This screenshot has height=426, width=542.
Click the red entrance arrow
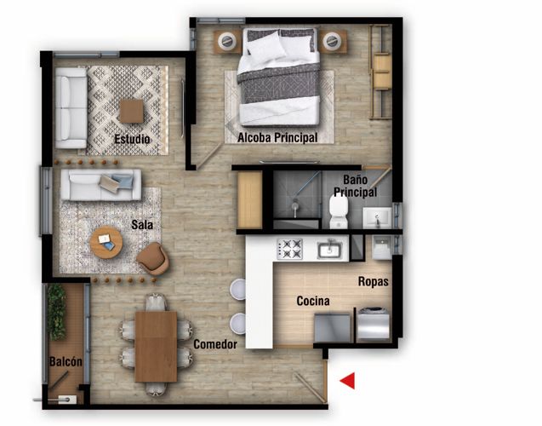click(x=348, y=381)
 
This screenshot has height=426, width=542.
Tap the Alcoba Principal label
click(x=277, y=138)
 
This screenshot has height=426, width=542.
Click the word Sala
click(x=142, y=225)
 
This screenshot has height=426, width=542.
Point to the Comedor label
click(x=214, y=344)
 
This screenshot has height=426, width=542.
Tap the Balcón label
click(x=66, y=362)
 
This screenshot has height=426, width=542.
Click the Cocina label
click(x=313, y=302)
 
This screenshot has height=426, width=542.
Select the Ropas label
click(x=374, y=281)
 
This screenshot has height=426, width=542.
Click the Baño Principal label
click(x=355, y=187)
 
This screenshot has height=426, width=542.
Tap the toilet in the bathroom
click(x=339, y=212)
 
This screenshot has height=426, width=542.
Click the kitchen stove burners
click(x=291, y=248)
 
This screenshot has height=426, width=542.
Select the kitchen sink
click(x=328, y=250)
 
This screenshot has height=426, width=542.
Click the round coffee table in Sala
click(x=106, y=243)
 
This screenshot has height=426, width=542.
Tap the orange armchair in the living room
click(x=153, y=257)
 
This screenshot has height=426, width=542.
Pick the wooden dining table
click(x=156, y=345)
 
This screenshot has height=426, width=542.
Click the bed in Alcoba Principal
click(x=279, y=77)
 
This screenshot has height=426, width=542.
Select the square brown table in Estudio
click(x=131, y=111)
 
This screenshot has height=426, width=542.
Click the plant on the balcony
click(x=57, y=311)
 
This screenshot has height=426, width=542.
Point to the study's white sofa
click(x=71, y=107)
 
